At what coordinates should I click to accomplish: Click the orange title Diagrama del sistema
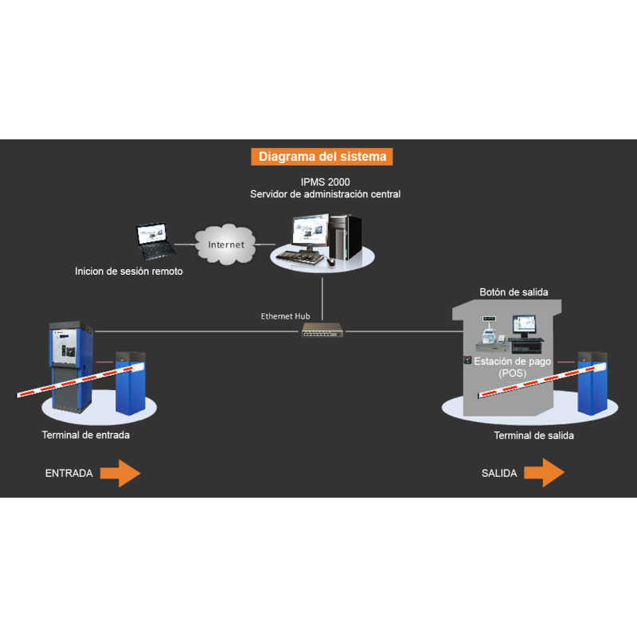(322, 157)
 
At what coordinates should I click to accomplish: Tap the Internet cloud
(226, 244)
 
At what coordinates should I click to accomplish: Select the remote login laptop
(154, 242)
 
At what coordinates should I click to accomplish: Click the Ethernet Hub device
(322, 330)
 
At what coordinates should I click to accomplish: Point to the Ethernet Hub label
(285, 316)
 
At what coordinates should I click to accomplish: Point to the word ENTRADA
(68, 473)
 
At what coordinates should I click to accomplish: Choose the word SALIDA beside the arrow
(499, 473)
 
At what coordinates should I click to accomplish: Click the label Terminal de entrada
(85, 435)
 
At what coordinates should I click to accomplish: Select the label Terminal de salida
(533, 436)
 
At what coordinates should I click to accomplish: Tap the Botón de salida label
(514, 292)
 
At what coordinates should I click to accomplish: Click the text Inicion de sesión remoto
(129, 272)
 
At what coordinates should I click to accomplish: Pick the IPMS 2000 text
(325, 182)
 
